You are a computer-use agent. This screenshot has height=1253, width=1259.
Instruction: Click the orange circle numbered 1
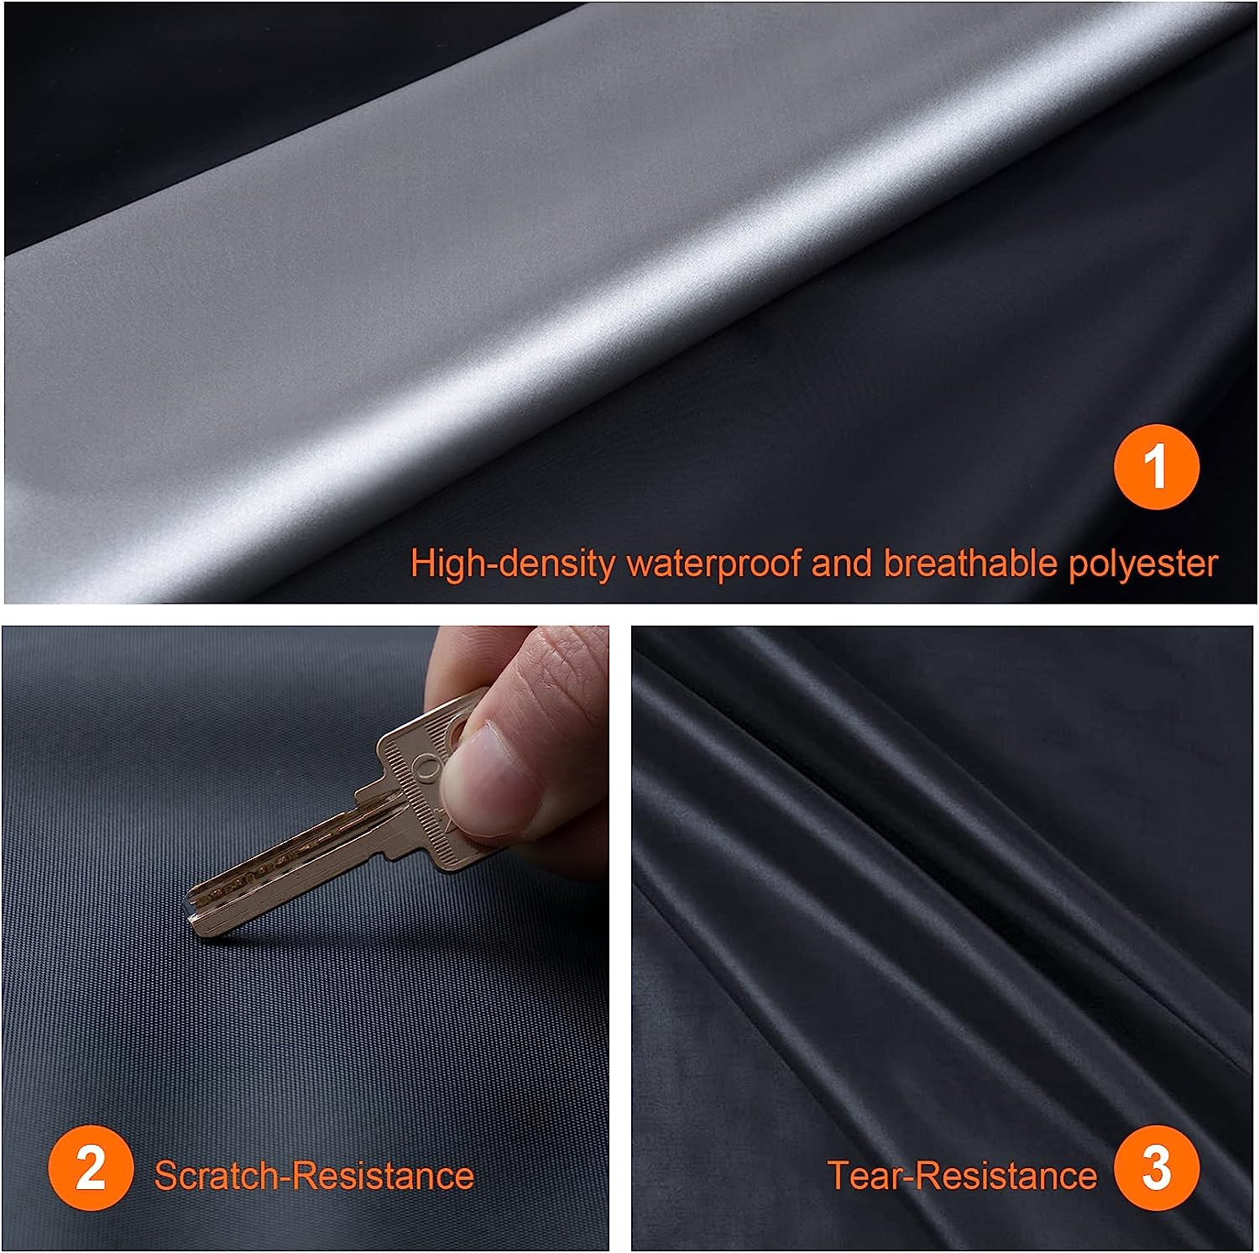(x=1157, y=466)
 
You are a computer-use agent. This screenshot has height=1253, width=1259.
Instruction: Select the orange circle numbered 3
(x=1157, y=1167)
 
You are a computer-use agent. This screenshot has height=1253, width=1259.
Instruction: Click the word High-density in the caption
(x=513, y=564)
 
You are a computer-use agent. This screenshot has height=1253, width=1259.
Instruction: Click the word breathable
(x=970, y=563)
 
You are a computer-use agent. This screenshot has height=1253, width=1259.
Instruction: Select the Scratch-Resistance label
(x=314, y=1175)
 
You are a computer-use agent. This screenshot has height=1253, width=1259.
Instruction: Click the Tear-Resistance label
(x=962, y=1175)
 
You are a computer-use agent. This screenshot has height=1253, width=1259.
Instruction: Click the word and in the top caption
(x=843, y=563)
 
